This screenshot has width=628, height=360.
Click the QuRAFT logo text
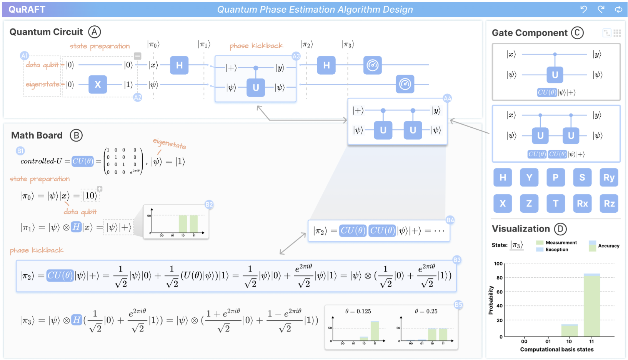27,10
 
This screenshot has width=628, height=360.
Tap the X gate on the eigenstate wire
98,84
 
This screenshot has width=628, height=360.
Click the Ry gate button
609,177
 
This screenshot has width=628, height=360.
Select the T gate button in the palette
555,203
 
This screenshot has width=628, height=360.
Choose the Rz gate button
609,203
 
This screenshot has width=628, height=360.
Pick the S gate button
582,177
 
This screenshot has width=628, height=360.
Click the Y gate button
529,177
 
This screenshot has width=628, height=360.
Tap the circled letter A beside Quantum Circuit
95,32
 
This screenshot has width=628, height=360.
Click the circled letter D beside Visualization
560,229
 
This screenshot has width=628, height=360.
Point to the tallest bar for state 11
592,306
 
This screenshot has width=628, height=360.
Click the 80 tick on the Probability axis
500,278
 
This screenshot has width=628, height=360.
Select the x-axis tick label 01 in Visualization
548,341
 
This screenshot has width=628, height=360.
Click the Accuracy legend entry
608,246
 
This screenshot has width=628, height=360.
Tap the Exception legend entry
556,250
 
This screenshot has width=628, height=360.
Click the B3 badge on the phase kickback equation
457,260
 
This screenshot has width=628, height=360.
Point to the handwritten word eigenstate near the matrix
170,143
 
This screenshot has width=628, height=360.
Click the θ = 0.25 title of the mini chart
426,311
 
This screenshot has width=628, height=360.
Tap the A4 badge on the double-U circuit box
447,98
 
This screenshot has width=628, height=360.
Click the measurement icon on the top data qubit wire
372,65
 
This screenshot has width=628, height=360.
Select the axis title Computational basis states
556,349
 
